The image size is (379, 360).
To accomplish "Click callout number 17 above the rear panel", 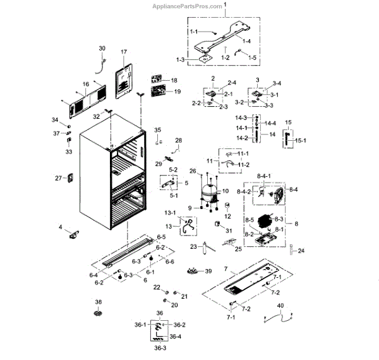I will tap(124, 52).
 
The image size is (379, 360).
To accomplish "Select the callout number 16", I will tap(85, 84).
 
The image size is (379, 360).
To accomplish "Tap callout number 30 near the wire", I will tap(102, 48).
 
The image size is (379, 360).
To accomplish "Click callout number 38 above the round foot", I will tap(98, 303).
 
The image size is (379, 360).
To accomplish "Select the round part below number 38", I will tap(98, 314).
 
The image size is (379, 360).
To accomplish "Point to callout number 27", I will tap(59, 178).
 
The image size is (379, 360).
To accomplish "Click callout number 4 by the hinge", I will tap(61, 227).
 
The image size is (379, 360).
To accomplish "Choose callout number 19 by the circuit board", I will tap(177, 92).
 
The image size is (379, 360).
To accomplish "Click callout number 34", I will tap(55, 120).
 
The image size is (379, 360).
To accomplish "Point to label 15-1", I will tap(299, 141).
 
